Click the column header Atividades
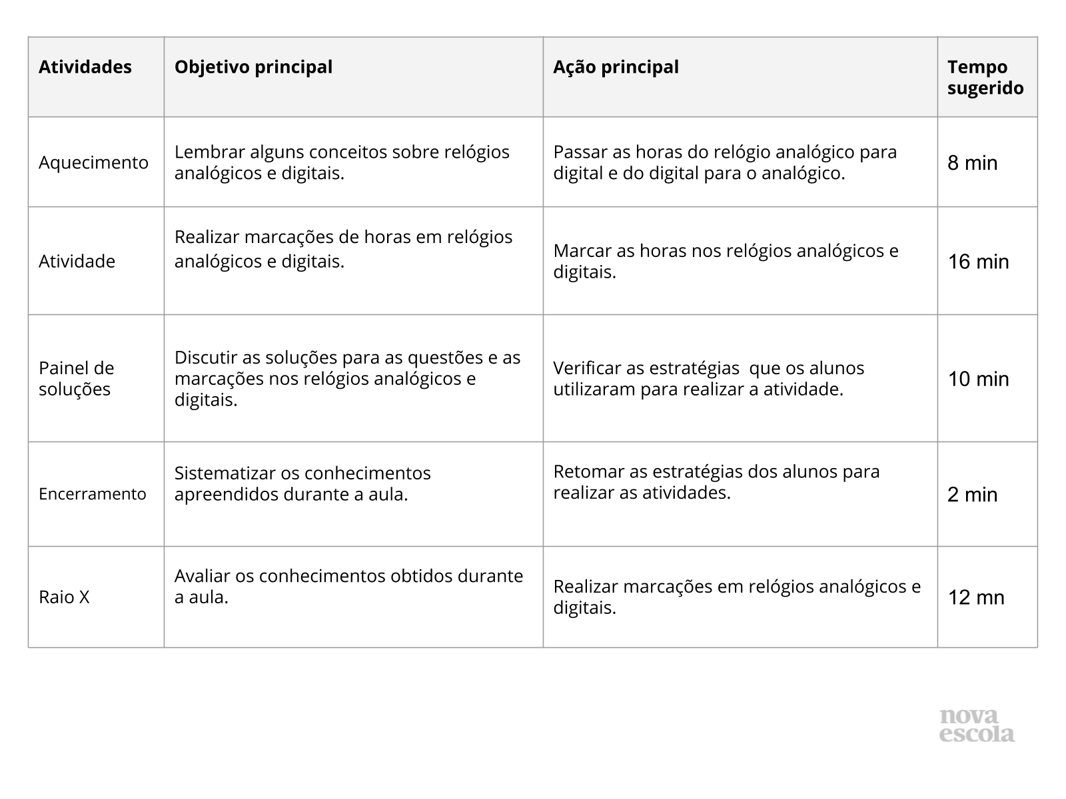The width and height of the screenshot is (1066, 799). (85, 67)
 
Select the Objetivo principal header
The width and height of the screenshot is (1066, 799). (253, 67)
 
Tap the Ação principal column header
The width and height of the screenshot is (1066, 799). (616, 67)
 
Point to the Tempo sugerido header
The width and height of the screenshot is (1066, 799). (985, 77)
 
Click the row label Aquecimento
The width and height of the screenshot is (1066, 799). (93, 162)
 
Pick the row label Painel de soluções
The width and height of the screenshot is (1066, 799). (76, 378)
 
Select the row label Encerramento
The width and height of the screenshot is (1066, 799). (92, 494)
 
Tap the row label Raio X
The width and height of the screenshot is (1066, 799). (64, 597)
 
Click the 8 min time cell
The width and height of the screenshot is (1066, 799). (973, 163)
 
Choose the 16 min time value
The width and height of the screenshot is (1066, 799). (978, 262)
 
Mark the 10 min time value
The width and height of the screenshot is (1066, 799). (978, 379)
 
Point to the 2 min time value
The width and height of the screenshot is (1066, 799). (973, 495)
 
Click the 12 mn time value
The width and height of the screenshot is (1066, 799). (976, 597)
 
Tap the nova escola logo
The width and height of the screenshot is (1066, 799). (977, 726)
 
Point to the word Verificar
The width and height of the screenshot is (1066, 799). (582, 368)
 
